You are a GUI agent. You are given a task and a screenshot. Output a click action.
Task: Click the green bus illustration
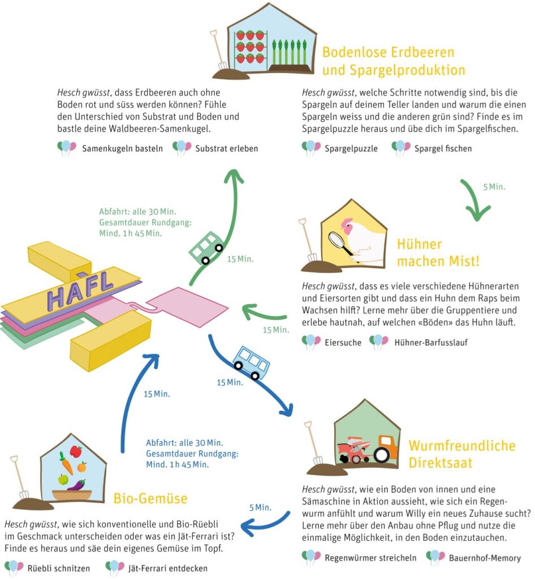[206, 248]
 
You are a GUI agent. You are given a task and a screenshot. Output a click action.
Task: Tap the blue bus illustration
[251, 363]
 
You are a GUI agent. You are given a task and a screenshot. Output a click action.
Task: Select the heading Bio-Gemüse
[150, 498]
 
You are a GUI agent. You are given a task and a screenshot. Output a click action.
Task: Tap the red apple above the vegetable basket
[76, 451]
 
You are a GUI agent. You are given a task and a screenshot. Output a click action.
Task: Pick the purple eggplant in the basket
[77, 485]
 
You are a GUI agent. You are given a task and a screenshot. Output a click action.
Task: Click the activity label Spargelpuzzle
[351, 149]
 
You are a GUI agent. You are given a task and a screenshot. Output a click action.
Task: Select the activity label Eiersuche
[343, 343]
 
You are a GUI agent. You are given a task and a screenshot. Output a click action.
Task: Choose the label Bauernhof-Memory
[485, 558]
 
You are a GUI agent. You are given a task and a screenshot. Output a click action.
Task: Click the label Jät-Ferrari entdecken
[167, 568]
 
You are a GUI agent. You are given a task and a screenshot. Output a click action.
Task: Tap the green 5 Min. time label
[494, 187]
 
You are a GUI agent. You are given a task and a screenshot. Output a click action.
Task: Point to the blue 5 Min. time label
[260, 507]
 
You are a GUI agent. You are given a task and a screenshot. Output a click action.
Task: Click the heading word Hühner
[420, 244]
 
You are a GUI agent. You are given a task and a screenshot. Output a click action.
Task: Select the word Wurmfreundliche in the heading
[462, 446]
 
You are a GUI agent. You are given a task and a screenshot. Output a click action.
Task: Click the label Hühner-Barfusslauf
[431, 343]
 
